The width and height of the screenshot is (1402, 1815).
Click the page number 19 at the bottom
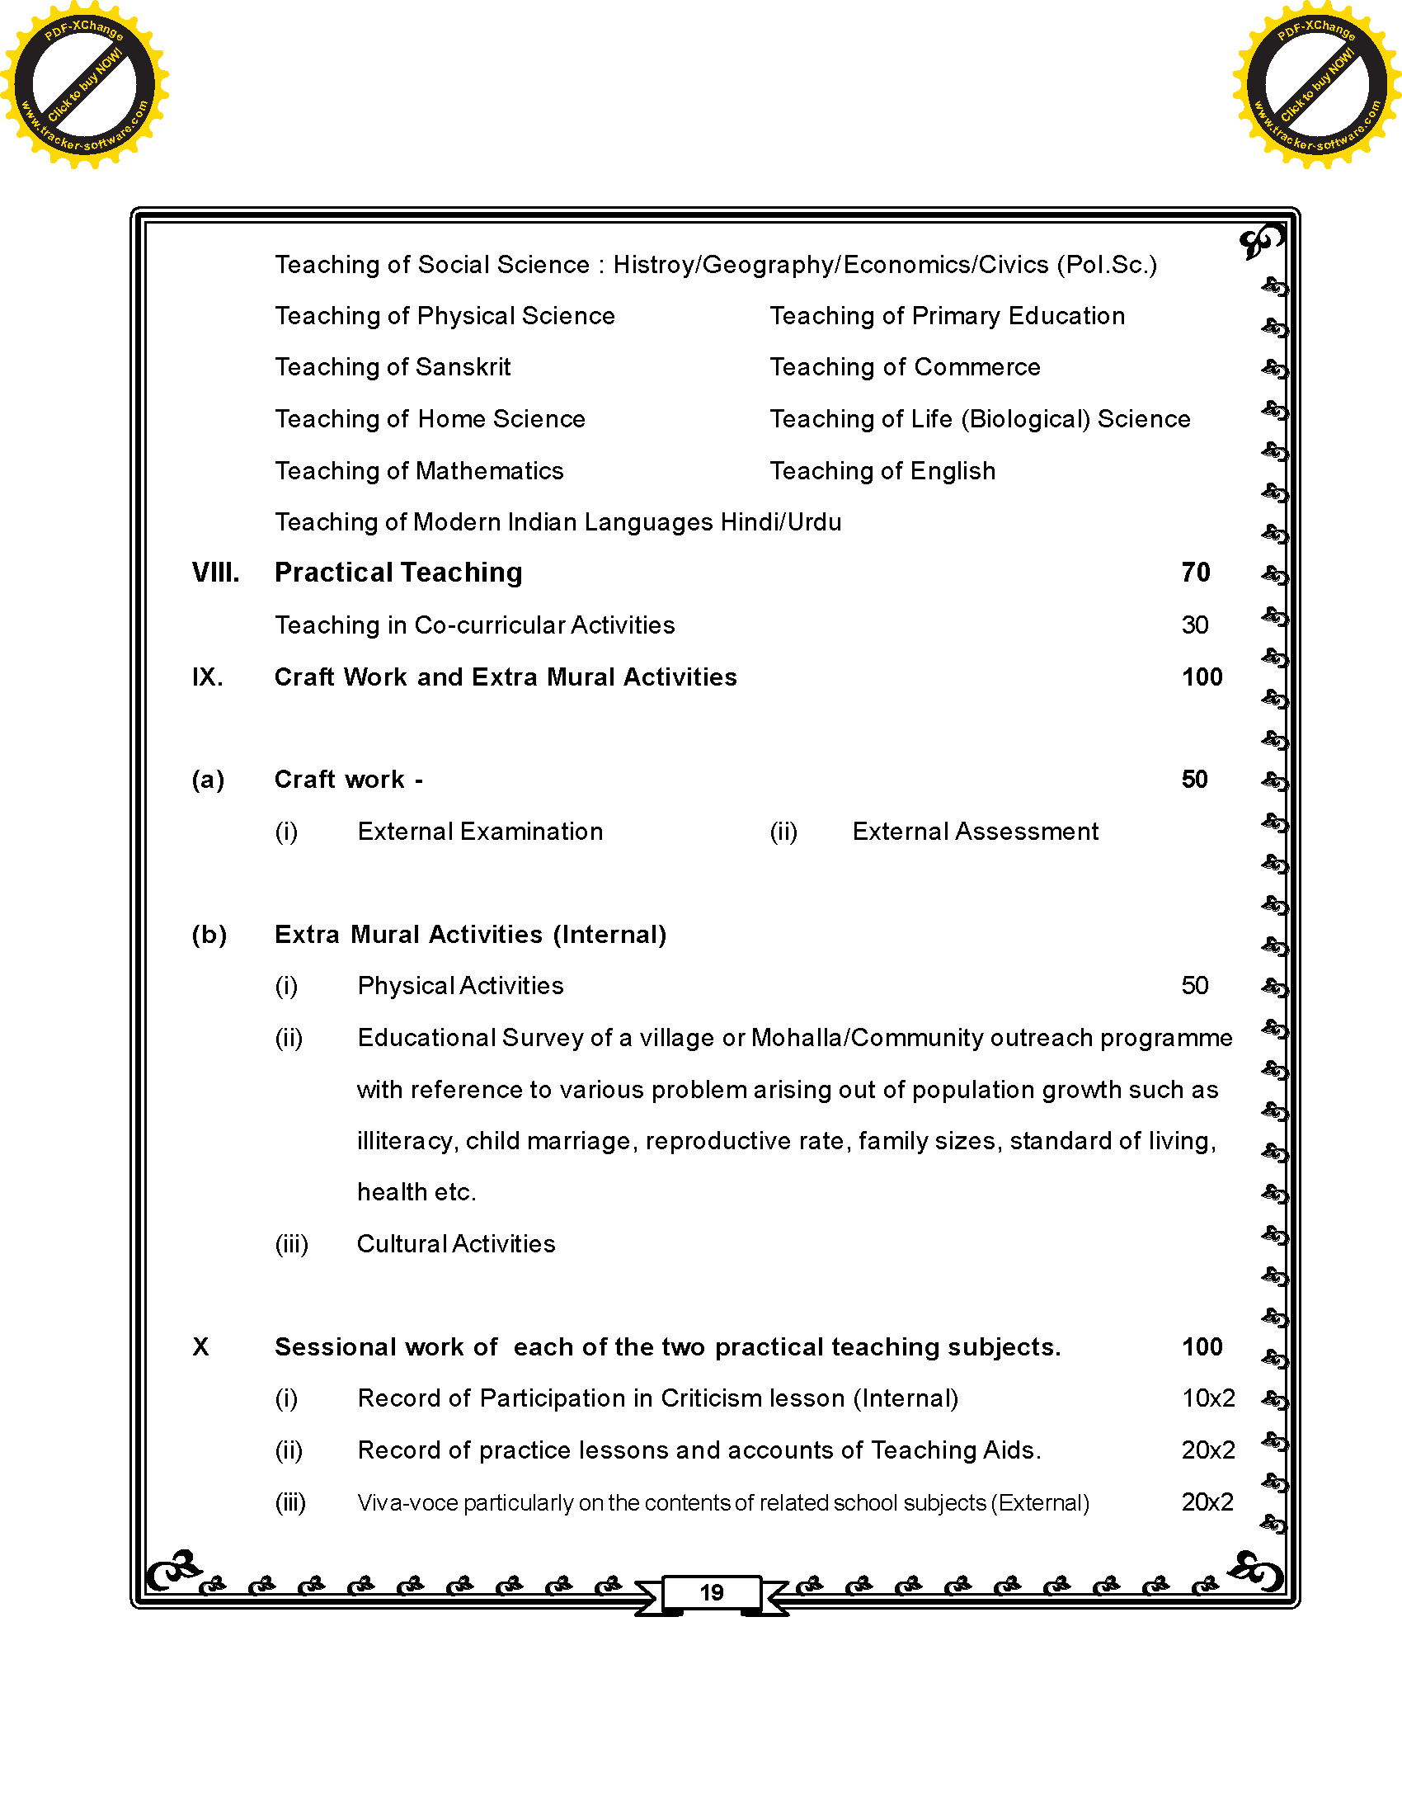tap(711, 1592)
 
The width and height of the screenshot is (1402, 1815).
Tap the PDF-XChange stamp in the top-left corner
tap(84, 84)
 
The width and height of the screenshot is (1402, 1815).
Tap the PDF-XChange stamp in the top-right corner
tap(1316, 84)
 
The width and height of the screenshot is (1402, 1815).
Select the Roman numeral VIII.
tap(215, 573)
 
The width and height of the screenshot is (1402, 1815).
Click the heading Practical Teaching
tap(398, 573)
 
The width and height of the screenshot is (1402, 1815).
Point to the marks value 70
tap(1195, 573)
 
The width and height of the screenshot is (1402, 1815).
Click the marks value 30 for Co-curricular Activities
tap(1194, 625)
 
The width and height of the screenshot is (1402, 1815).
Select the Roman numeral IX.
tap(207, 677)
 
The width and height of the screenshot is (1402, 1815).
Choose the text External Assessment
tap(975, 832)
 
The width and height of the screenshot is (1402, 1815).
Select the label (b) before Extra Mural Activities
tap(209, 935)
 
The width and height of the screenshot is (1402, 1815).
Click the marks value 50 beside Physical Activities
tap(1194, 986)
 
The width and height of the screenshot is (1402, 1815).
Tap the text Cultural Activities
tap(456, 1244)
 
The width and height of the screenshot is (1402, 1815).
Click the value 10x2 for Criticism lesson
tap(1207, 1398)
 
